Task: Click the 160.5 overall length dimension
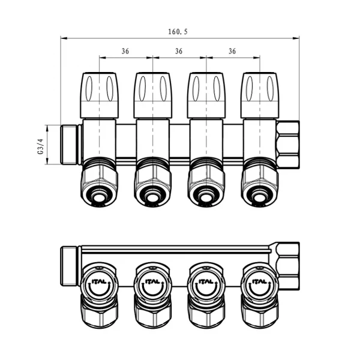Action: (178, 32)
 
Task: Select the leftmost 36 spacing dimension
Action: (125, 51)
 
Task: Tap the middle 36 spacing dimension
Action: (179, 51)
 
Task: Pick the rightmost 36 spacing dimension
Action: (232, 51)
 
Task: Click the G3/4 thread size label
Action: (40, 146)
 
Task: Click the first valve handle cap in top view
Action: (100, 95)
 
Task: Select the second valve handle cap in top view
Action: (152, 95)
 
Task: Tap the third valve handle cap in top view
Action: (206, 95)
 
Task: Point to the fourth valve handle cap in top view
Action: (260, 95)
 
